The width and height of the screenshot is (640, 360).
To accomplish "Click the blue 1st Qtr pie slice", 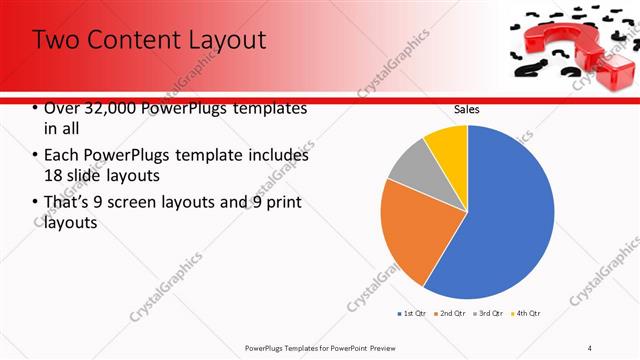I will point(505,215).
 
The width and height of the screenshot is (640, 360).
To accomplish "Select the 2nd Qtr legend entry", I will point(450,313).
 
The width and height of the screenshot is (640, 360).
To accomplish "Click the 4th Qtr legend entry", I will point(526,313).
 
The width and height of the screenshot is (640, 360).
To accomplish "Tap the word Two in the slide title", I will point(59,40).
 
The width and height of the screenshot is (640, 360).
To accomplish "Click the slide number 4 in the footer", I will point(590,347).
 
